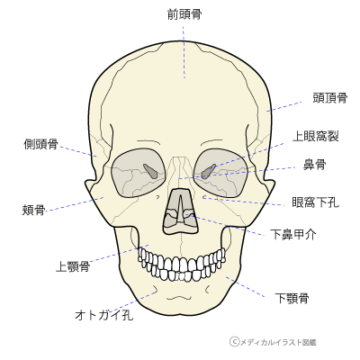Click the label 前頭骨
(184, 14)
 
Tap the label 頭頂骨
(330, 98)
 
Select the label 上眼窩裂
(316, 137)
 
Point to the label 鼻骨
(314, 165)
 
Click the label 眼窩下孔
(316, 202)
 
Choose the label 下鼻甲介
(293, 234)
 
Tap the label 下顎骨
(292, 299)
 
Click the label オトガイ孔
(104, 315)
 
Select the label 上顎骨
(73, 266)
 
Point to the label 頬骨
(33, 210)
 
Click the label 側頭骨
(40, 144)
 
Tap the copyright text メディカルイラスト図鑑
(278, 342)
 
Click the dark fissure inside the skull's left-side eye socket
(151, 171)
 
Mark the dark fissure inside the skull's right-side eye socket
(208, 172)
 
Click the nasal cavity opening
(181, 211)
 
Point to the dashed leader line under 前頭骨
(184, 52)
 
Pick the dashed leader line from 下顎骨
(246, 287)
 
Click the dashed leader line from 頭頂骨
(284, 106)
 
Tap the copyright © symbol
(234, 341)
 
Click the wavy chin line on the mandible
(179, 298)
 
